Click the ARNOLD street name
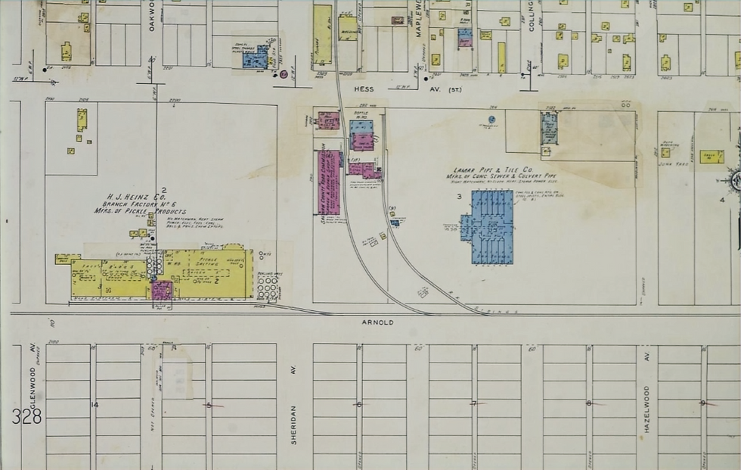(377, 322)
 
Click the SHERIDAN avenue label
(293, 424)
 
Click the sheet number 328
(26, 416)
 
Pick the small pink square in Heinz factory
(163, 290)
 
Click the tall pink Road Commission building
(328, 182)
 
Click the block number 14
(95, 405)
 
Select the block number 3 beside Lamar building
(458, 197)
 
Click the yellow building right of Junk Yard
(711, 157)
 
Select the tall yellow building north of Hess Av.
(323, 35)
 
